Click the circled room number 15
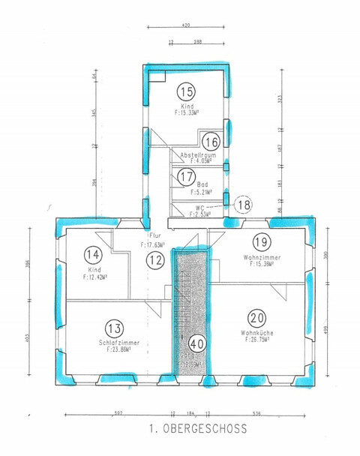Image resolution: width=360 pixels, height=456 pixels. click(186, 92)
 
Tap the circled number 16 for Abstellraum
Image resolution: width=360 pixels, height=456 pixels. click(211, 141)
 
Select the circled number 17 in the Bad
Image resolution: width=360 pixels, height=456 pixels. click(185, 177)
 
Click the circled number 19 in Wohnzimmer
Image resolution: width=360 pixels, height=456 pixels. click(260, 242)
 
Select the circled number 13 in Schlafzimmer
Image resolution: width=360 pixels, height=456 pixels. click(115, 328)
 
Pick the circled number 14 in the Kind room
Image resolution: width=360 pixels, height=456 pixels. click(93, 254)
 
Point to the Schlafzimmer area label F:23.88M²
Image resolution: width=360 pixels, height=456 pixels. click(115, 349)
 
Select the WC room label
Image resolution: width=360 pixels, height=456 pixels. click(199, 207)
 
